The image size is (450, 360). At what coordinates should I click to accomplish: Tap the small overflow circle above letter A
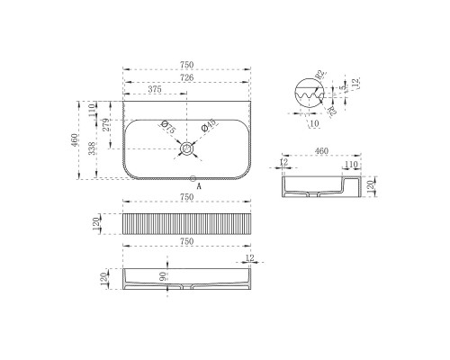coord(192,176)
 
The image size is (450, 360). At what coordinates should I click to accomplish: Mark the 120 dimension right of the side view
coord(369,187)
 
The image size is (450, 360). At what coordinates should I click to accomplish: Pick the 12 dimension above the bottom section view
coord(247,257)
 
